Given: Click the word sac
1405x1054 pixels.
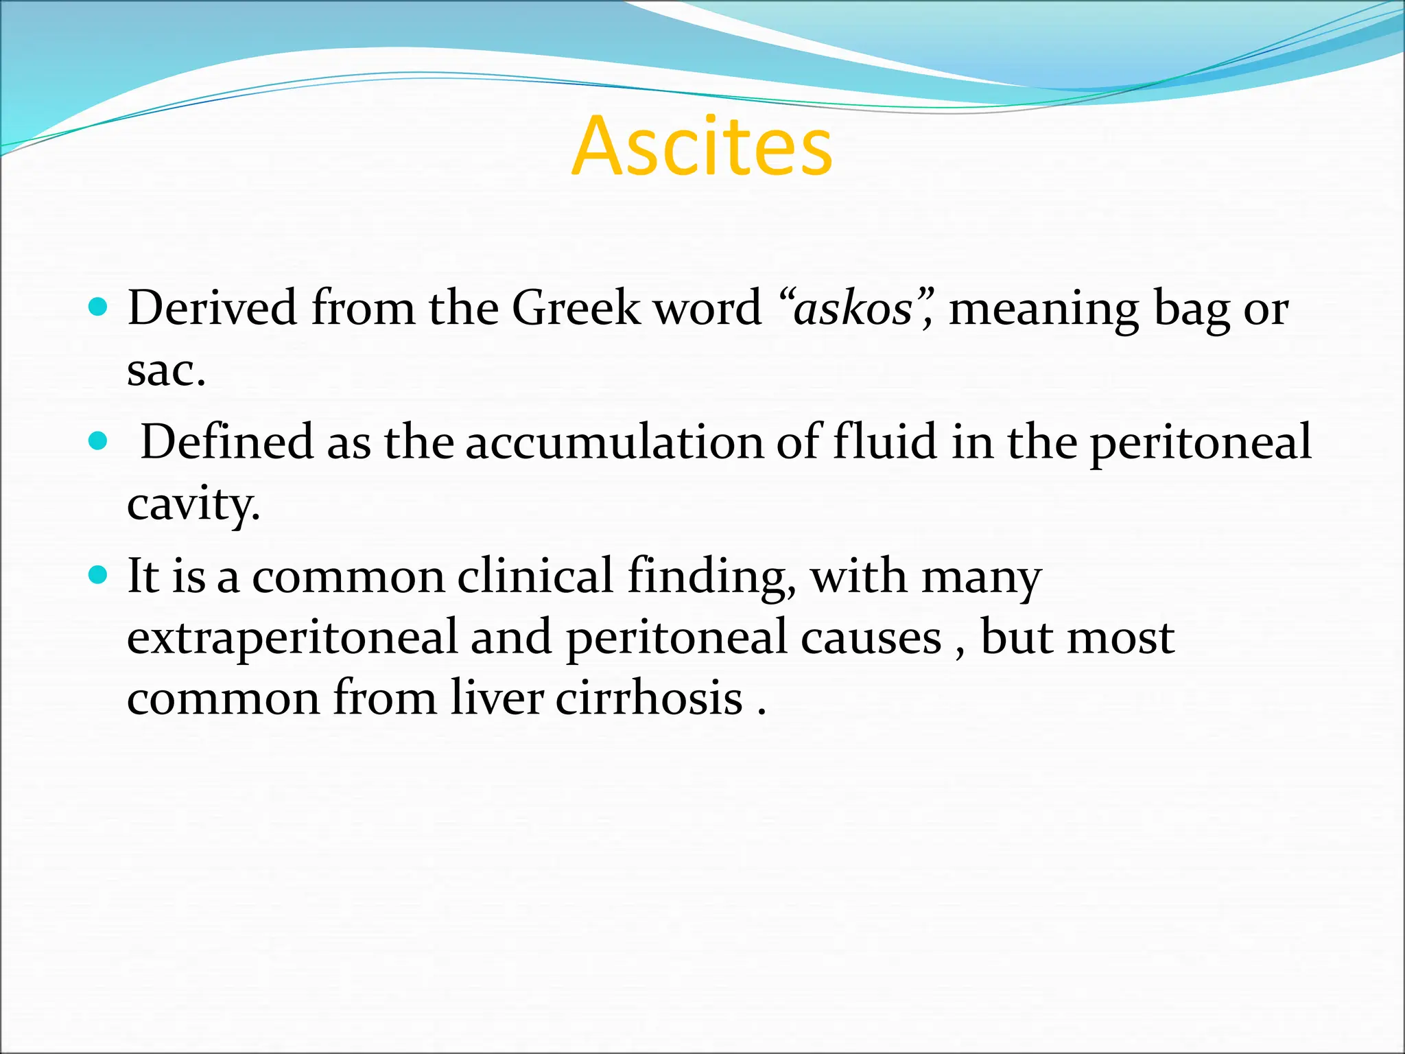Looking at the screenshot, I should tap(165, 371).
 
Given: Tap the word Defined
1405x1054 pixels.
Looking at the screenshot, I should tap(226, 442).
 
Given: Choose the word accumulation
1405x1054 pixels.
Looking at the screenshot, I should tap(614, 442).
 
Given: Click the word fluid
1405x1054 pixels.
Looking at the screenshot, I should tap(884, 442).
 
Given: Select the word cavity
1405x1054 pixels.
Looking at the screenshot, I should tap(193, 505).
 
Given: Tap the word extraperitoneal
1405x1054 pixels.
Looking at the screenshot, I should tap(292, 637).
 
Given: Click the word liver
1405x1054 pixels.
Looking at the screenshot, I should tap(497, 699).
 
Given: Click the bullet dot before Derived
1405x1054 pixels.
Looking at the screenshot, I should tap(99, 307).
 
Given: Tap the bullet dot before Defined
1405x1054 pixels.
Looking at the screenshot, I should tap(99, 441).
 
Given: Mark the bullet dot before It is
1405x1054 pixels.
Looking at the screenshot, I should tap(99, 574).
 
